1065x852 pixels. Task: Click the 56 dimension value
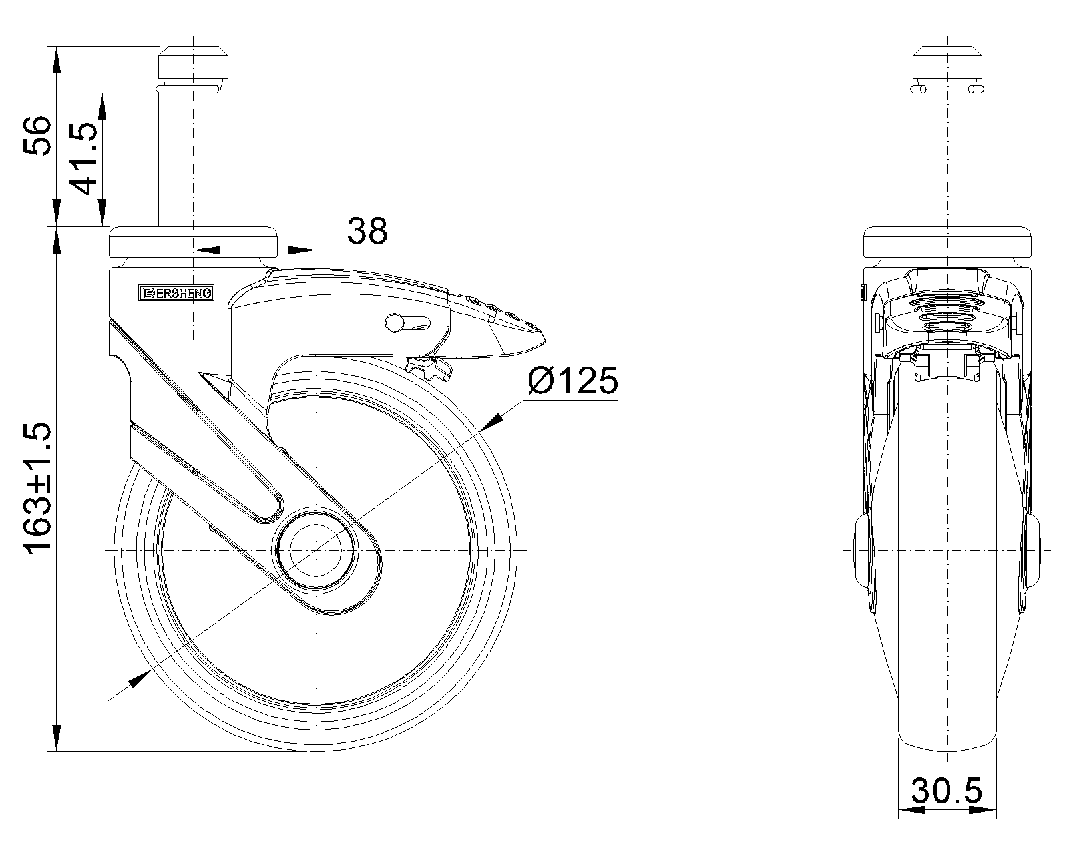(x=37, y=136)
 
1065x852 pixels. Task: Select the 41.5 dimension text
(x=82, y=158)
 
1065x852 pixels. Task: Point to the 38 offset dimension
(x=367, y=231)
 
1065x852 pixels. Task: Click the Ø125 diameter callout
(x=572, y=381)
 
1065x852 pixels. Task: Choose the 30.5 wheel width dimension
(x=947, y=805)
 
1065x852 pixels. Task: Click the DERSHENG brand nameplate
(x=176, y=293)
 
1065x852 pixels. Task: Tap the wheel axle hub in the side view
(x=316, y=550)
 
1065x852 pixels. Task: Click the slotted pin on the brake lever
(x=407, y=323)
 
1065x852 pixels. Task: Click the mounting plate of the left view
(x=193, y=242)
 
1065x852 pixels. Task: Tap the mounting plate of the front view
(x=947, y=242)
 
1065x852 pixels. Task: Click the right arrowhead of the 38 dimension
(x=301, y=250)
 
